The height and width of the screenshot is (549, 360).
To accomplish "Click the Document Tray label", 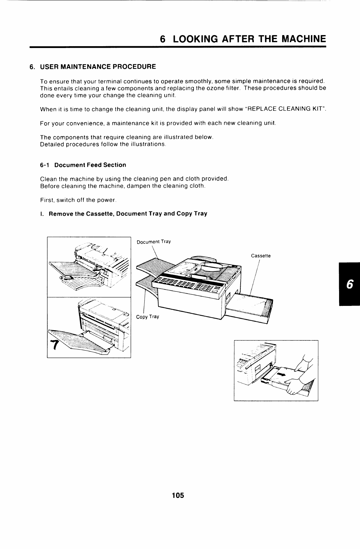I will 154,242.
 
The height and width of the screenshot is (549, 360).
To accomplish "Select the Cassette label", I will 261,256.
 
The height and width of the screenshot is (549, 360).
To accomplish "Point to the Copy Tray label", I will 147,317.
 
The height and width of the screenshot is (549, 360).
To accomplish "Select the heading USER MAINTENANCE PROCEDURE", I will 98,66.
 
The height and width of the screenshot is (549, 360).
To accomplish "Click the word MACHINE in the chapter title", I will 303,39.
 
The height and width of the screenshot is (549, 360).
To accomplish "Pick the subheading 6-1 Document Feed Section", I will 83,165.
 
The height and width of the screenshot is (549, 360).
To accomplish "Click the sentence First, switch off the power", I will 78,200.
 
